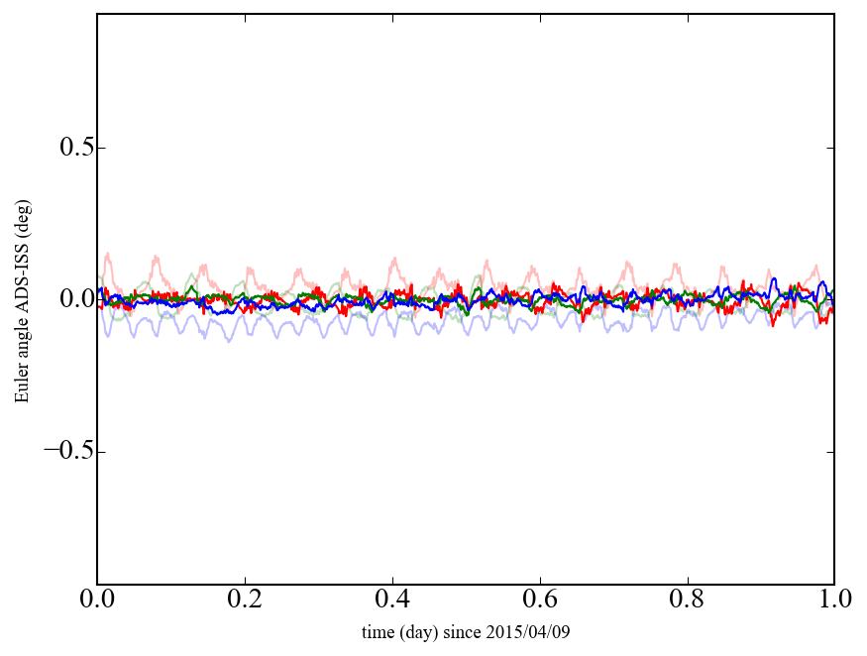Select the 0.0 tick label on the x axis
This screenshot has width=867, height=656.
tap(97, 600)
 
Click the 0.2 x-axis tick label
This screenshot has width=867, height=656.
tap(245, 600)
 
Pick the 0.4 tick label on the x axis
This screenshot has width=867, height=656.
tap(392, 600)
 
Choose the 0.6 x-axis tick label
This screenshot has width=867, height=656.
tap(540, 600)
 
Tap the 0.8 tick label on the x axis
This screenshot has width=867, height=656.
tap(687, 600)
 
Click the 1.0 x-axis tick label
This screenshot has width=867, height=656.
tap(833, 600)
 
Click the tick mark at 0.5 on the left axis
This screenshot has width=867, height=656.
tap(100, 148)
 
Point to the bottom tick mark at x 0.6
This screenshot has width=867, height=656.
tap(540, 582)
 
